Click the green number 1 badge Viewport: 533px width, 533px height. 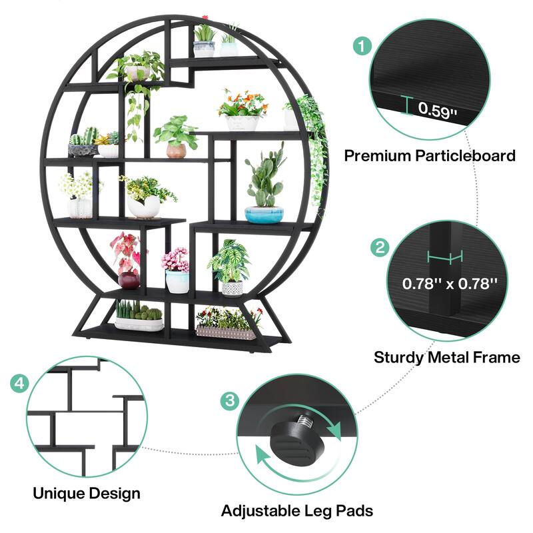(x=362, y=45)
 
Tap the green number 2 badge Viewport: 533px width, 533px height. (x=380, y=247)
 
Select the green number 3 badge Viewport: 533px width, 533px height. (x=230, y=400)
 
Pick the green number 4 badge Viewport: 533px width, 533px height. (x=20, y=383)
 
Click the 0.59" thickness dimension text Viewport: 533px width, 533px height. (x=438, y=110)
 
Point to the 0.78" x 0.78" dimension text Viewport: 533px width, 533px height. (x=449, y=283)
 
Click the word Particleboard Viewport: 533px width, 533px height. (x=465, y=156)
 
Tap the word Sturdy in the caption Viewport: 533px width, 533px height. (x=399, y=358)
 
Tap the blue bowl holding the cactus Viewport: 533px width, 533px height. (x=264, y=215)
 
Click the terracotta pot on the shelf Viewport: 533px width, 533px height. (x=177, y=151)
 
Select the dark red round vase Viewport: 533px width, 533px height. (x=129, y=280)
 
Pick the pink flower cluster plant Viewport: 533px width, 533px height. (x=175, y=259)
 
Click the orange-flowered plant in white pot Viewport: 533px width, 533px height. (x=242, y=109)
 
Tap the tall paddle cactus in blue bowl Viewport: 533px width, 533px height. (x=265, y=177)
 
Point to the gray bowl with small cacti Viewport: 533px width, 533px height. (x=83, y=149)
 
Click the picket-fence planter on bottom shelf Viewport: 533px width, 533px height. (x=226, y=332)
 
